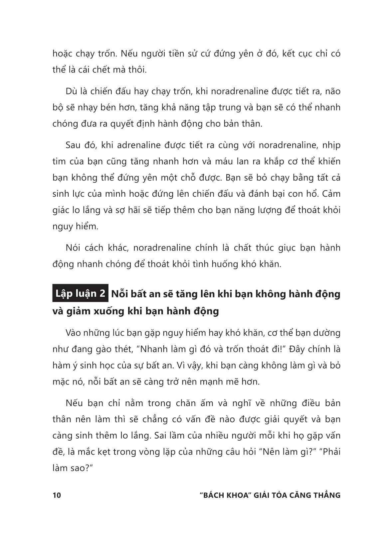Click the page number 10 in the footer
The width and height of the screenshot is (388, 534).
point(57,495)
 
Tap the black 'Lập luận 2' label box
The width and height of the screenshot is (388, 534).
point(80,294)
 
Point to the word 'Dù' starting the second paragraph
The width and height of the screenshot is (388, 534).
point(71,91)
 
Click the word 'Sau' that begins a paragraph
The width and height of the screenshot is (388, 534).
point(73,145)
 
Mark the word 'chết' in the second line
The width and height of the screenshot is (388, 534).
point(102,70)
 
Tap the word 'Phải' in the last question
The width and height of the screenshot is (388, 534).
point(330,452)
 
